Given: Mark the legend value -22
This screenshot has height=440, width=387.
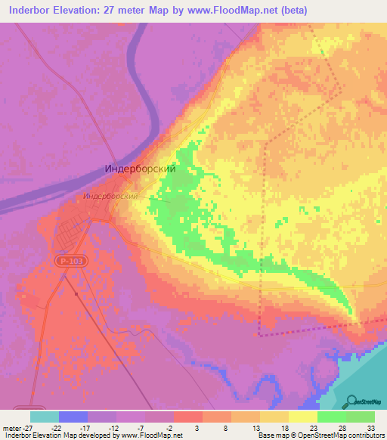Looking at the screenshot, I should pyautogui.click(x=57, y=428).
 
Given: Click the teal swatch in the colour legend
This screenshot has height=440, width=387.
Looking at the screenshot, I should pyautogui.click(x=44, y=417).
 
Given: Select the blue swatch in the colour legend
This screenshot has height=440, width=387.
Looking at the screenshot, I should pyautogui.click(x=73, y=417).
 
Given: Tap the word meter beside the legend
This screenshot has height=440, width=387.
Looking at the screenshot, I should pyautogui.click(x=11, y=428).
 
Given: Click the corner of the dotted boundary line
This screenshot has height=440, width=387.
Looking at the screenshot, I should pyautogui.click(x=259, y=333).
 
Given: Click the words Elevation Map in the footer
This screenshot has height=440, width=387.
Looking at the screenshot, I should pyautogui.click(x=60, y=435).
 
